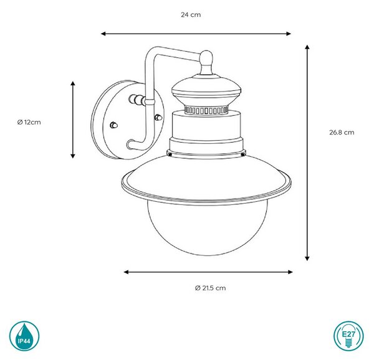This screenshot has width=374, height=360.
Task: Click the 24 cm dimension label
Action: pos(191,15)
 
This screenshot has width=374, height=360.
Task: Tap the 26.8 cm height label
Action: pos(342,133)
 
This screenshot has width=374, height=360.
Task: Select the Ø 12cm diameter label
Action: pos(29,123)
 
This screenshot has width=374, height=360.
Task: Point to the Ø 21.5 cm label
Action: pos(210,288)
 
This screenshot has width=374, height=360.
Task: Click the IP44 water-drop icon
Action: pos(24,336)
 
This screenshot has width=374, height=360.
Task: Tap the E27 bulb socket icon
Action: pos(348,336)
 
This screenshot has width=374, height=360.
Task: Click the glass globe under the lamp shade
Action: pos(208,229)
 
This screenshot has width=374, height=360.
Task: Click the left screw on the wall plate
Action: pos(114,125)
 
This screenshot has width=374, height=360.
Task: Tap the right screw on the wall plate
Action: pos(158,117)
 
